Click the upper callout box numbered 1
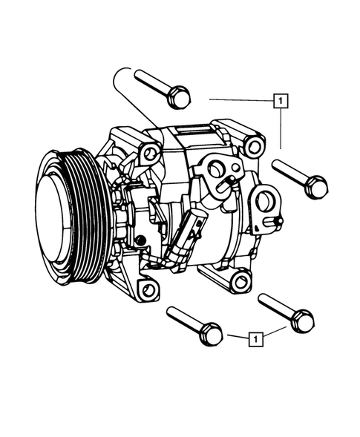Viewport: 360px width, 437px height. click(281, 99)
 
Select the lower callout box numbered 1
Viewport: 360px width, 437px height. click(255, 340)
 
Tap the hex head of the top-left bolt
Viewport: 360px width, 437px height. click(179, 96)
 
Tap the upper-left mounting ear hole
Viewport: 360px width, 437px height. click(151, 154)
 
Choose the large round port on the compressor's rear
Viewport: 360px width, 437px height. click(265, 203)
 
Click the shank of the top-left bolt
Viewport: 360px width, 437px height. click(152, 82)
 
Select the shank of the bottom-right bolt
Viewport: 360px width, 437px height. click(277, 306)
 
